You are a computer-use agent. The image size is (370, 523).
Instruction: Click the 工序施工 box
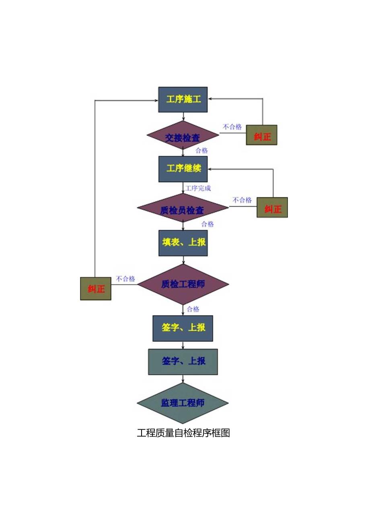point(183,99)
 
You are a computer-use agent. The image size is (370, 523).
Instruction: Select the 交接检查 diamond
point(183,137)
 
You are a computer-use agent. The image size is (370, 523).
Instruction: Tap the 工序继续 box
point(183,169)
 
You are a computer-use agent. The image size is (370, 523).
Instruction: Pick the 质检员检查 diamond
point(183,209)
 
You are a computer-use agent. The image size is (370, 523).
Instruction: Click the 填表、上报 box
point(183,243)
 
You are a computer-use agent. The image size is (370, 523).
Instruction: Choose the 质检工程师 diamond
point(183,284)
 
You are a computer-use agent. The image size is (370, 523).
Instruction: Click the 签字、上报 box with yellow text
point(183,328)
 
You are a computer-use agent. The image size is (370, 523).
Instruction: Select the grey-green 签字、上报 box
point(183,361)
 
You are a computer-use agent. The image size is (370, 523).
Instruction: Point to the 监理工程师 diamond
point(183,403)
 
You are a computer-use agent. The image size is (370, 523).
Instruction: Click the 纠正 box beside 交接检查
point(262,137)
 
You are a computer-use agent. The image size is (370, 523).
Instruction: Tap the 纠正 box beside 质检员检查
point(272,209)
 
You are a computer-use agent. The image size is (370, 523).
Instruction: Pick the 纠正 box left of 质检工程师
point(96,289)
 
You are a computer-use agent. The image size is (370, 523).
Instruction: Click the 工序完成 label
point(198,188)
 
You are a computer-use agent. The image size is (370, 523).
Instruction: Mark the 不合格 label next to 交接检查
point(232,127)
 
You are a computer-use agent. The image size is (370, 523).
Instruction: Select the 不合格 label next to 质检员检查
point(243,200)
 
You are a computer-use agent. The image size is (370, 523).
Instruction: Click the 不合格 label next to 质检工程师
point(125,279)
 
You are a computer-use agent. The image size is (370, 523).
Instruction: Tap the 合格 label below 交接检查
point(202,151)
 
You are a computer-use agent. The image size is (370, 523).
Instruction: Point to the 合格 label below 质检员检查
point(208,224)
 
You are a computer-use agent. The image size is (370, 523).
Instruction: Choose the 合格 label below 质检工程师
point(193,309)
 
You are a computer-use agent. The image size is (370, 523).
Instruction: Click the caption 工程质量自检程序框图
point(183,433)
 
